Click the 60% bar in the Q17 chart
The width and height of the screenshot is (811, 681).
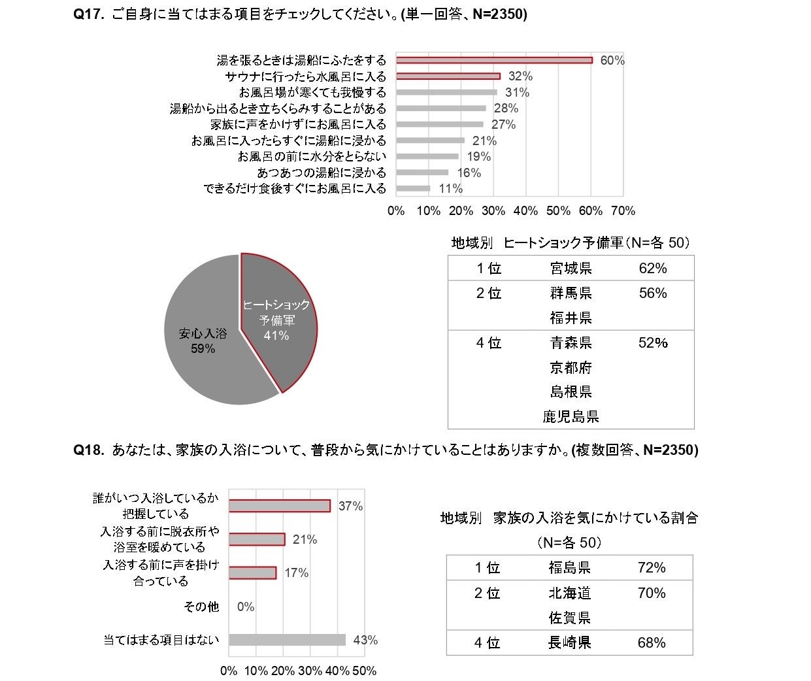point(494,60)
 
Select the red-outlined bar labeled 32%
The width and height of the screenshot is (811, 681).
point(448,76)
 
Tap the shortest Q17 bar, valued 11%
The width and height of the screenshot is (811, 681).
point(414,189)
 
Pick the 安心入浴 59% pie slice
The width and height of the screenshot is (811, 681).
point(203,340)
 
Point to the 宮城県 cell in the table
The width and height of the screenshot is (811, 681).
point(571,269)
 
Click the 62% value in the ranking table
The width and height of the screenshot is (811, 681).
point(653,269)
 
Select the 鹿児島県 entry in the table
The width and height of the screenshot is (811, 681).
point(571,416)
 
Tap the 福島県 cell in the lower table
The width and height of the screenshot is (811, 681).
point(569,568)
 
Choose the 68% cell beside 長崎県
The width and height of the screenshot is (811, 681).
point(652,642)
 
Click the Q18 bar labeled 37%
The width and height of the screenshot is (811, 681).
point(280,506)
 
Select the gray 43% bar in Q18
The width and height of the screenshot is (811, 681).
point(287,640)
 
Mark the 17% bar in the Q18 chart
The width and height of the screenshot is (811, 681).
point(252,573)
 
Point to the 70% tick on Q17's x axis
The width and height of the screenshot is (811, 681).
point(623,211)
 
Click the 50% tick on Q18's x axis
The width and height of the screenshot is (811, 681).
point(365,671)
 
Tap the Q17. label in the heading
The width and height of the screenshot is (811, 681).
point(89,14)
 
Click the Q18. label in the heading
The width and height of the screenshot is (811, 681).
point(89,450)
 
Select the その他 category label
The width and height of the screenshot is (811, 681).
point(201,607)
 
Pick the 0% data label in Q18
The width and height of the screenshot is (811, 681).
point(246,607)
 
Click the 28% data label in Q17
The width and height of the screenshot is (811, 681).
point(506,108)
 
